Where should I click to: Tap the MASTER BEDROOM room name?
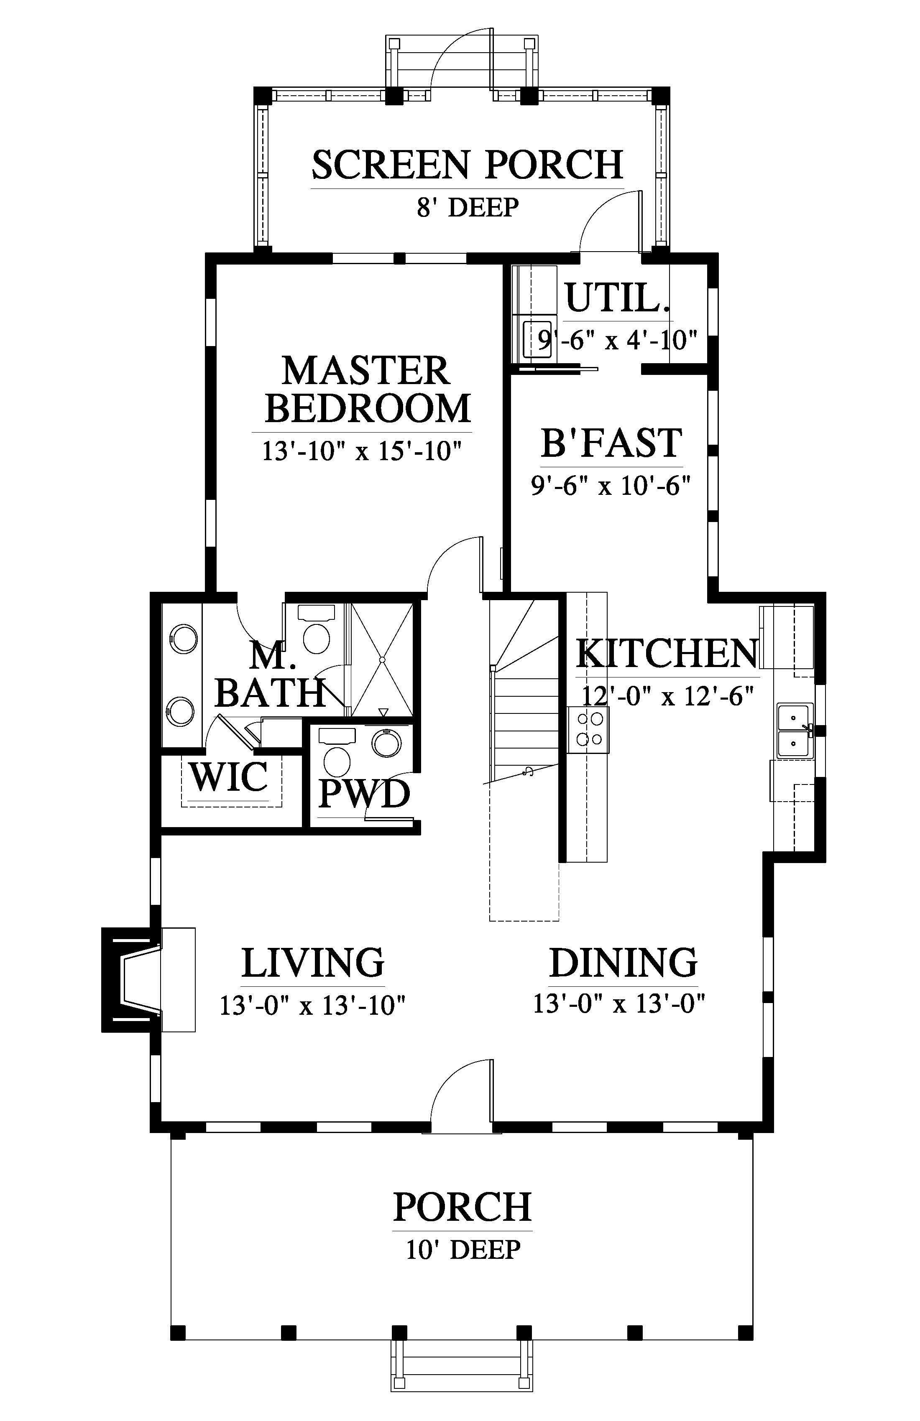(x=368, y=389)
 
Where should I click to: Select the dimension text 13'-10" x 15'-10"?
(x=363, y=451)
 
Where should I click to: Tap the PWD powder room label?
(x=364, y=794)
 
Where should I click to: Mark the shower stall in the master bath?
(x=381, y=660)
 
